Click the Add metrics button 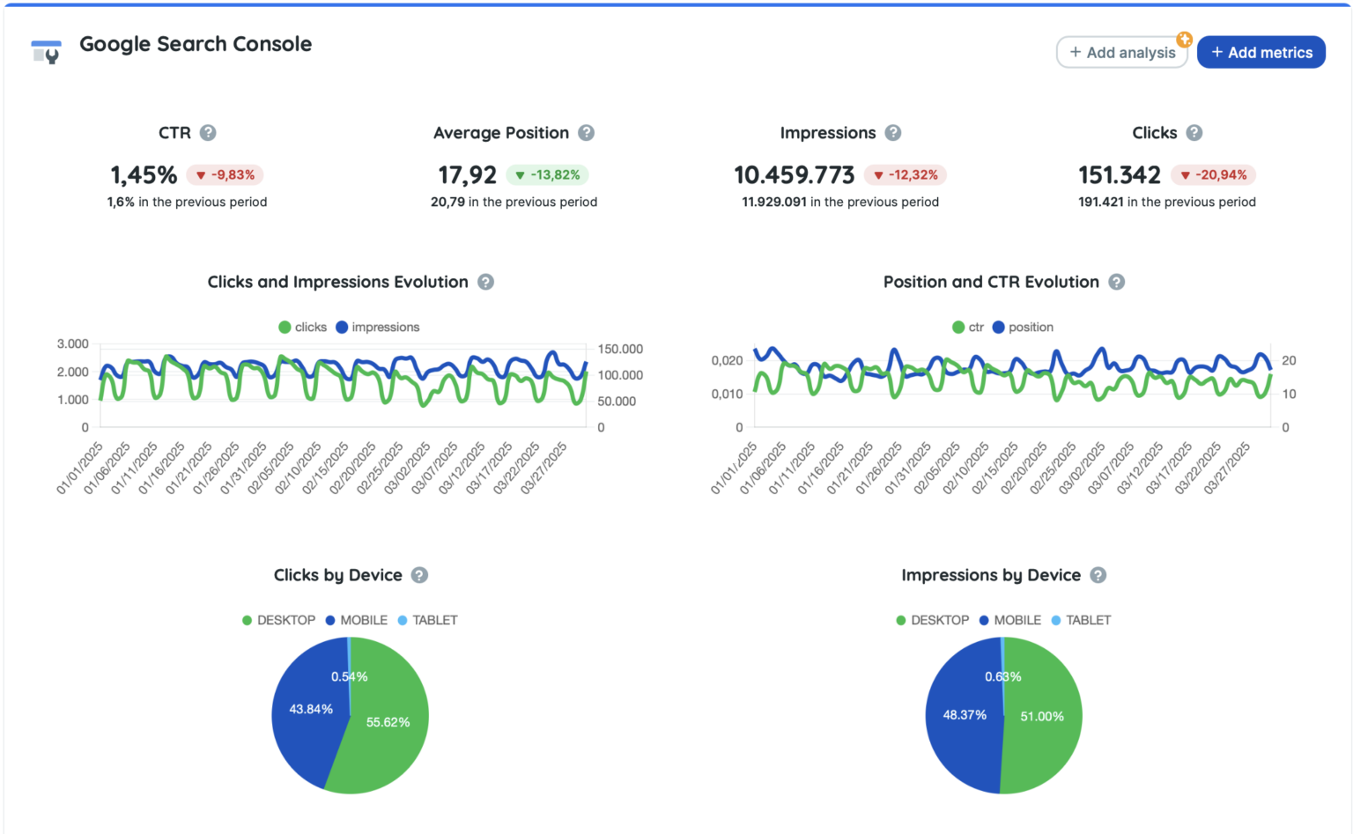click(1261, 52)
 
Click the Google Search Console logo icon click(46, 52)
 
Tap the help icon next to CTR click(208, 133)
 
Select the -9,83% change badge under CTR click(225, 174)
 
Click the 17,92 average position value click(467, 174)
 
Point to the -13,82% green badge click(547, 174)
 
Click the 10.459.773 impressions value click(794, 174)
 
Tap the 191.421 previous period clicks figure click(1100, 202)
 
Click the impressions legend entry click(378, 327)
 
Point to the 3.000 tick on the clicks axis click(73, 343)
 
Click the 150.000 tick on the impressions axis click(620, 349)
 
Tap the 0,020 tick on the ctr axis click(727, 360)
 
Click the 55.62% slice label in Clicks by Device click(388, 722)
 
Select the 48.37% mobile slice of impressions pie click(964, 715)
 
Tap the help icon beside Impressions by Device click(1098, 575)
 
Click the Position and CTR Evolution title click(991, 282)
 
